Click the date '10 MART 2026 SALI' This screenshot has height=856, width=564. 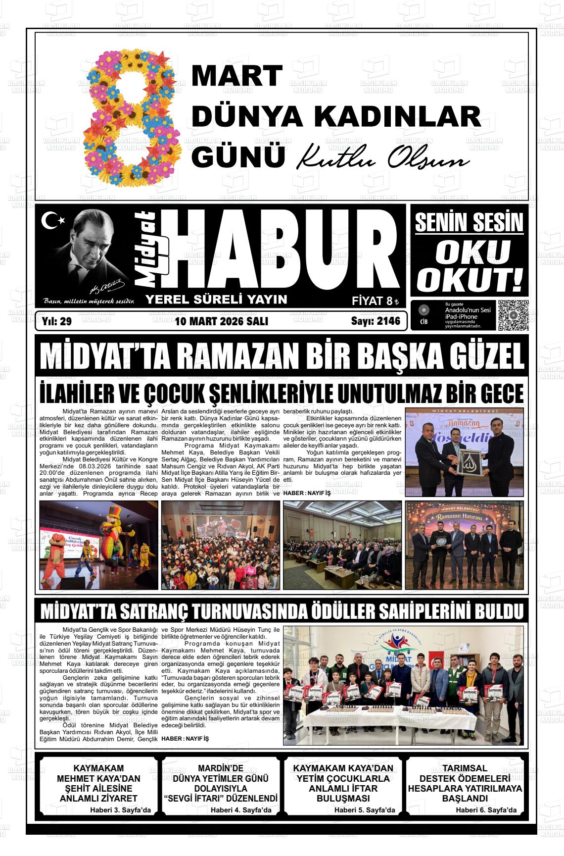[221, 321]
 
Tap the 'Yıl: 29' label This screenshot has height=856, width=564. [57, 321]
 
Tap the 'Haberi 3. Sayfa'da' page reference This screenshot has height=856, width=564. [120, 810]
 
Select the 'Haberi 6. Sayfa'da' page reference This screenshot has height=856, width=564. [486, 810]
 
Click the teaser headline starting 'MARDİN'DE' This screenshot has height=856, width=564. [220, 783]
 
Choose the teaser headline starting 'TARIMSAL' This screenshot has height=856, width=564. [465, 783]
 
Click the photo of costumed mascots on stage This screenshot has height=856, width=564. [98, 545]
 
